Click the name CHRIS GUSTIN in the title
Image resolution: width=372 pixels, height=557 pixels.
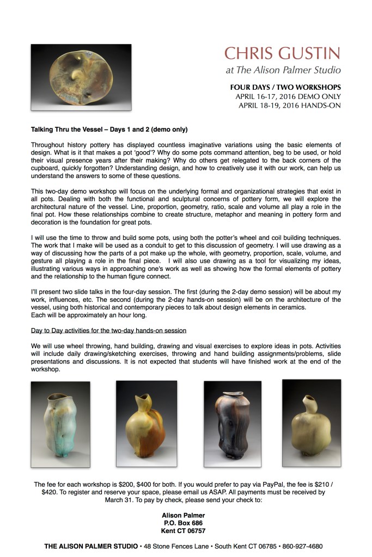pos(282,53)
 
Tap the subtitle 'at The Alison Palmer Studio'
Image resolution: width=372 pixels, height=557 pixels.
pos(283,70)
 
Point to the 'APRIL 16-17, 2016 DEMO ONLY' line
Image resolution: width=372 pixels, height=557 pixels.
pos(288,96)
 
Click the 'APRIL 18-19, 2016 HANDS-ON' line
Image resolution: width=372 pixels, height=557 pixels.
pos(290,105)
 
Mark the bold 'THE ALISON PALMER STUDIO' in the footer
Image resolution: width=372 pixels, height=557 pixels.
pos(90,546)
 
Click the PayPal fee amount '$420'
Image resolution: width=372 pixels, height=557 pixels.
pos(51,492)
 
